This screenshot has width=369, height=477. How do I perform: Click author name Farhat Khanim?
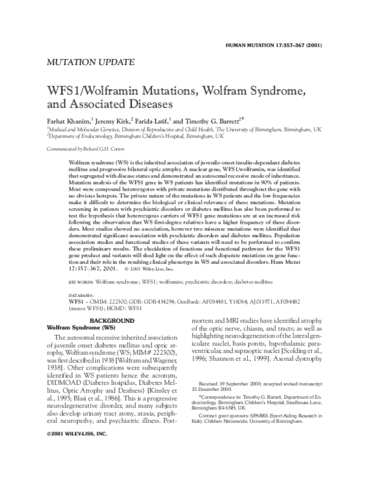click(69, 120)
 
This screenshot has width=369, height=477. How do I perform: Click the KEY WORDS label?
click(81, 281)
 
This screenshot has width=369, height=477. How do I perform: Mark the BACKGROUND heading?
click(113, 321)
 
